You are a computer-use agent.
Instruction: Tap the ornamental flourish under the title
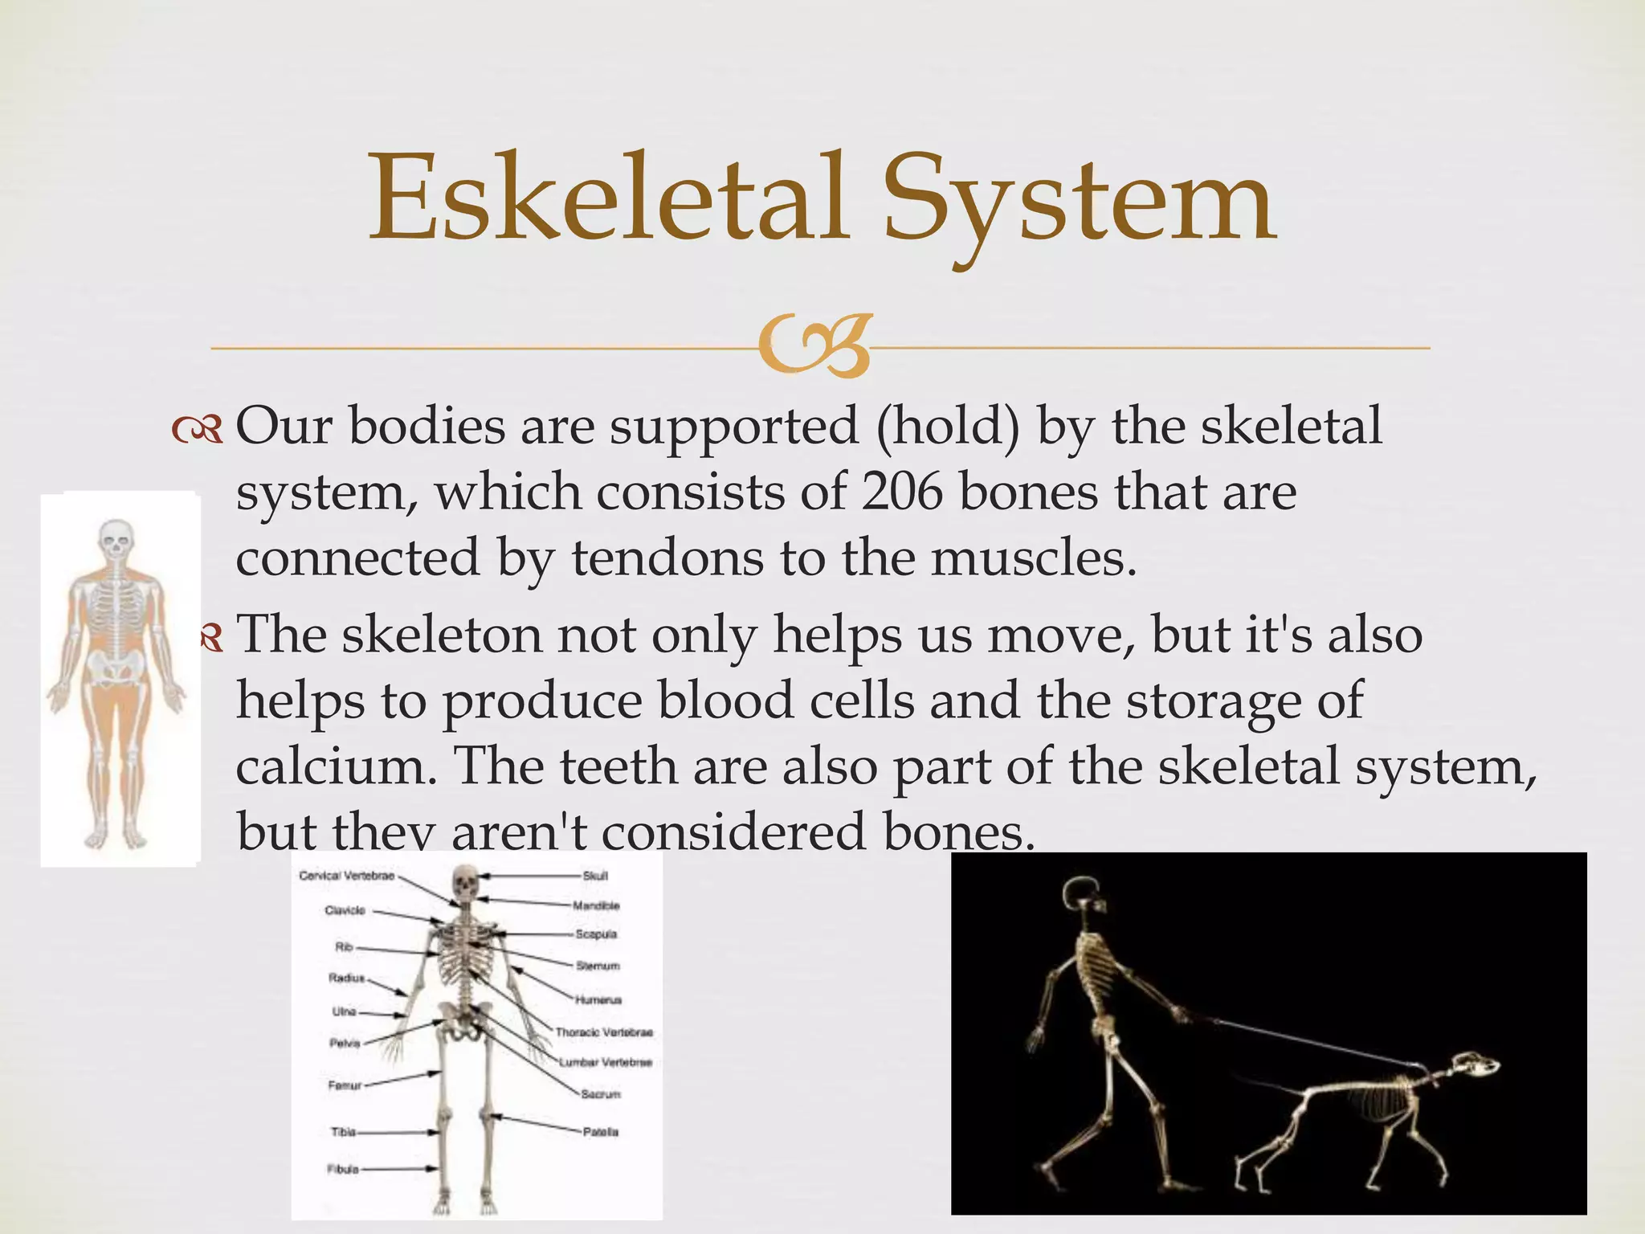point(814,348)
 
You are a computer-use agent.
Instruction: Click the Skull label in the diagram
point(595,876)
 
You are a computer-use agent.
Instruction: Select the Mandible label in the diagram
point(596,905)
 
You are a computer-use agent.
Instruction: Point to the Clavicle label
point(345,910)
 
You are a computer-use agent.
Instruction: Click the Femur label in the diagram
point(345,1085)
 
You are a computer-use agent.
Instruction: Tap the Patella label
point(600,1132)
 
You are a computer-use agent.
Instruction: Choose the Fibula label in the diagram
point(343,1169)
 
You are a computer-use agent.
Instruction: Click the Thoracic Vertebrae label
point(604,1032)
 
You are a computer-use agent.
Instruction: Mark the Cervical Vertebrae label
point(347,876)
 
